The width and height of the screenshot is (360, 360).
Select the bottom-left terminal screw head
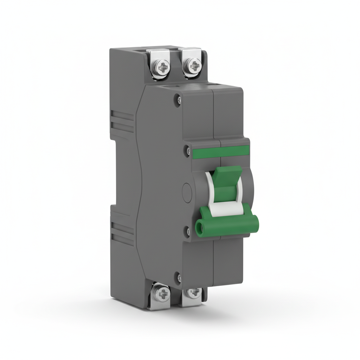pos(162,293)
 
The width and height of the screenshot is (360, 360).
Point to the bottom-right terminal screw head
pos(193,292)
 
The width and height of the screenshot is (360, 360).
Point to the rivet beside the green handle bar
pos(187,231)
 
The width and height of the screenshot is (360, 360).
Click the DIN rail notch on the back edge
pos(114,172)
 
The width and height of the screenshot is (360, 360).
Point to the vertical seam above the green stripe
pos(213,112)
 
